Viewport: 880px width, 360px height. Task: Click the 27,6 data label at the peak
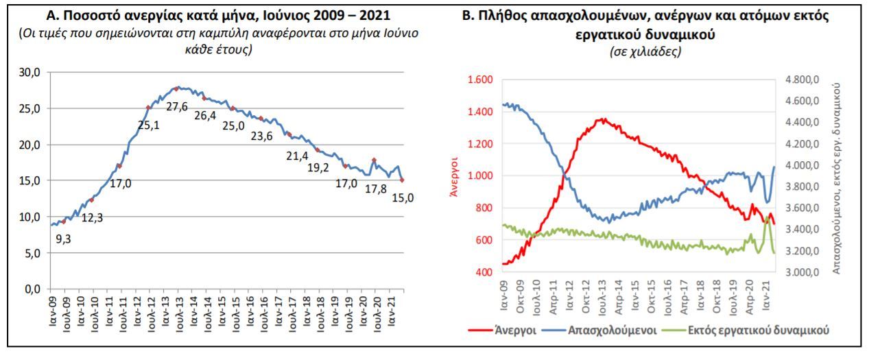176,106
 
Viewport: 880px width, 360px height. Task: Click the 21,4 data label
297,156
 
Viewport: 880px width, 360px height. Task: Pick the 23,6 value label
261,135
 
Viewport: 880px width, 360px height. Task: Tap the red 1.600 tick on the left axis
479,80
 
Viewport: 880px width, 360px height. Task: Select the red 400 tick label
484,272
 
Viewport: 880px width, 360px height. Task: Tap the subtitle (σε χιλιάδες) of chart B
643,53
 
